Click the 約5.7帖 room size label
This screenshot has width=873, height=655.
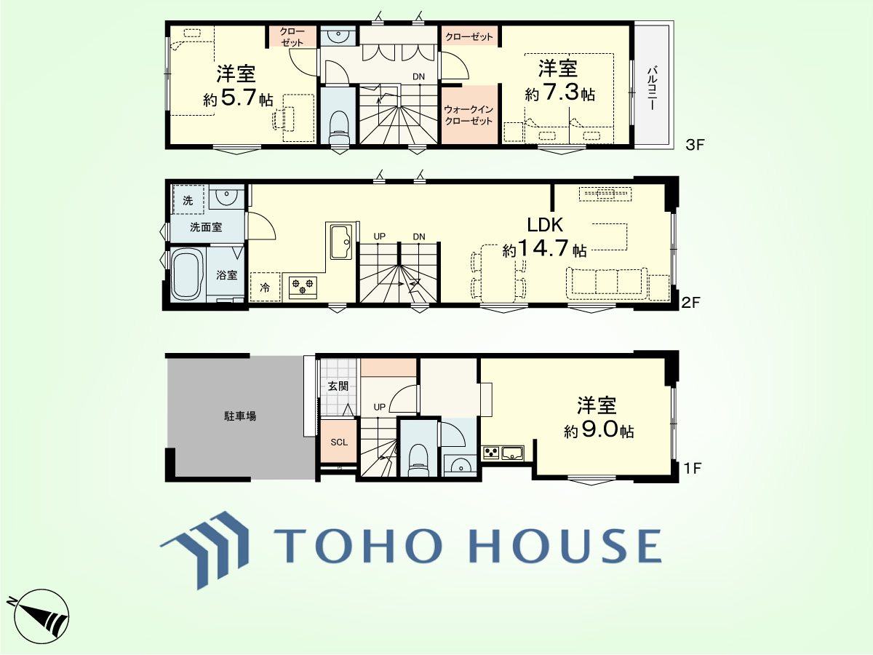pos(238,98)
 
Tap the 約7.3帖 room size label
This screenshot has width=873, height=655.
pos(559,93)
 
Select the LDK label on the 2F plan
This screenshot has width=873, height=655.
pos(544,225)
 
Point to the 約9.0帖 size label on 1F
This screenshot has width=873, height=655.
pos(599,430)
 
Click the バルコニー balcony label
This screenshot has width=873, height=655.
pos(651,88)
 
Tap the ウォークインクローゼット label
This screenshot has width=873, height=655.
pos(469,115)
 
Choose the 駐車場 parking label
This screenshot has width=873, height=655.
pos(240,416)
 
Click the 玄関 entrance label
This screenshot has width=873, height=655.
pos(338,386)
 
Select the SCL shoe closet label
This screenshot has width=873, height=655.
pos(339,442)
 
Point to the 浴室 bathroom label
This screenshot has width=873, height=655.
pos(227,275)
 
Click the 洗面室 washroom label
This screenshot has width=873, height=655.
pos(206,227)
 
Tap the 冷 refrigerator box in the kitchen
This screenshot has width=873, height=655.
pos(265,287)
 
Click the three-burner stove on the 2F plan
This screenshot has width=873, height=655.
pos(303,287)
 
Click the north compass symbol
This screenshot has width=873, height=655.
pos(41,616)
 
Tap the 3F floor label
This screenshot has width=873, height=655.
pos(695,145)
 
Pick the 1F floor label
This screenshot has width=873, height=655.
pos(692,469)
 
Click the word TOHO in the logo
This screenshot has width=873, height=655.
pos(358,545)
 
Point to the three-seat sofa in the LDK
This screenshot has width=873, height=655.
pos(607,283)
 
